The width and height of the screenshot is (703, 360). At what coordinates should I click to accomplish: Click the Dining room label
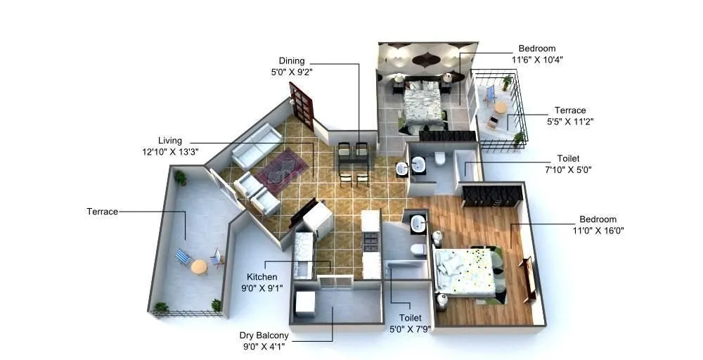click(292, 60)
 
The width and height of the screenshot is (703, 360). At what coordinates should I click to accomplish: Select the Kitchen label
click(262, 277)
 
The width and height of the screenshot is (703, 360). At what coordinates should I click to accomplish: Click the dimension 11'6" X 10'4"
click(537, 60)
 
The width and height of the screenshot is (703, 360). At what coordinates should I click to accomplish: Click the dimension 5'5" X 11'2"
click(569, 121)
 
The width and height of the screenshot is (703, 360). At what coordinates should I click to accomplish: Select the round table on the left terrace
click(199, 266)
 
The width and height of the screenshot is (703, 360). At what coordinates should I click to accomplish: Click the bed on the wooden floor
click(467, 271)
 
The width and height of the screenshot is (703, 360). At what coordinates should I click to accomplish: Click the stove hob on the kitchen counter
click(370, 241)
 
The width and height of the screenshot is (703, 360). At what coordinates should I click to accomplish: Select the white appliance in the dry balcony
click(306, 303)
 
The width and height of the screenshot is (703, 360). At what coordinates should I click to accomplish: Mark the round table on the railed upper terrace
click(500, 108)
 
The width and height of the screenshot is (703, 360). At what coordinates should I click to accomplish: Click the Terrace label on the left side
click(102, 211)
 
